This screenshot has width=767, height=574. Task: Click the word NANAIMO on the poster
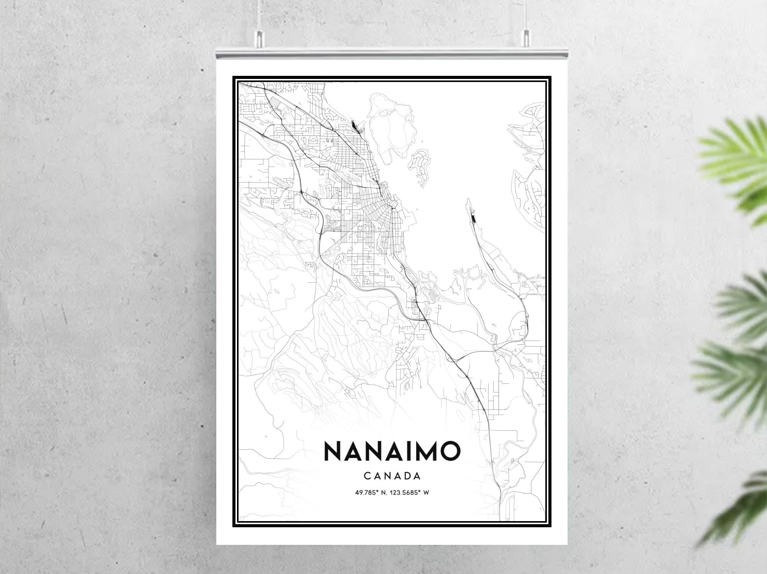(x=392, y=451)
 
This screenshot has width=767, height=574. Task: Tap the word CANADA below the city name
(x=392, y=476)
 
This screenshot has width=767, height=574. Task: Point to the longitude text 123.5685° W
(x=409, y=492)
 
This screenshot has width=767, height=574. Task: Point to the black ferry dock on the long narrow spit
(x=472, y=218)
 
